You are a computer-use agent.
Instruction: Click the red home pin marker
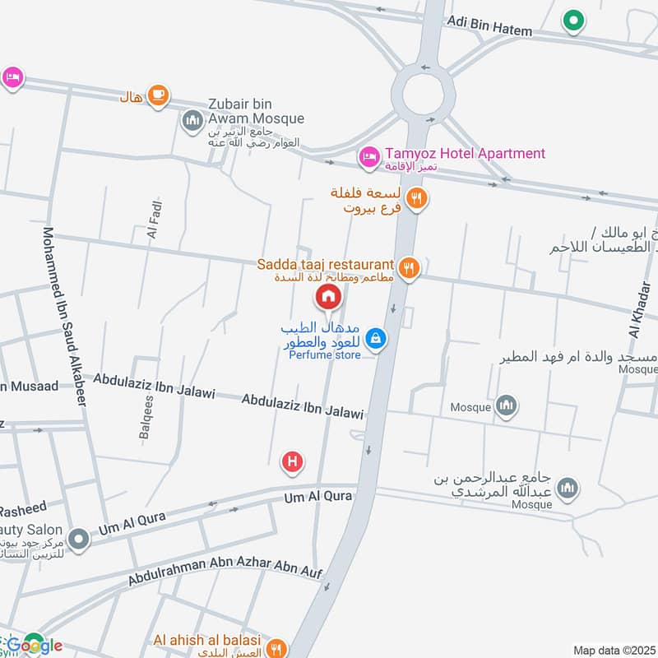point(327,296)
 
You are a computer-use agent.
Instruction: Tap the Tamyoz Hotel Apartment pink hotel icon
point(368,155)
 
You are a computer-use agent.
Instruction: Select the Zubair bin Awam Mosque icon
point(192,121)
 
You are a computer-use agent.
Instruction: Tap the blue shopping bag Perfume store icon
point(376,337)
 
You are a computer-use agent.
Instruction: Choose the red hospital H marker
point(292,462)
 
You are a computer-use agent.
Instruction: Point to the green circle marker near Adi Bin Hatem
point(572,21)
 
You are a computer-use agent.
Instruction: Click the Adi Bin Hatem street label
point(489,25)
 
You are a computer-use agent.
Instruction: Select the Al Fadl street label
point(154,220)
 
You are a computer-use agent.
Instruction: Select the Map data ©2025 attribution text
point(613,651)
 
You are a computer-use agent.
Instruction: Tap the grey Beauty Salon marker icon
point(78,540)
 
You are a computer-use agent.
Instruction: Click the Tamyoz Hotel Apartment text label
point(463,153)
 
